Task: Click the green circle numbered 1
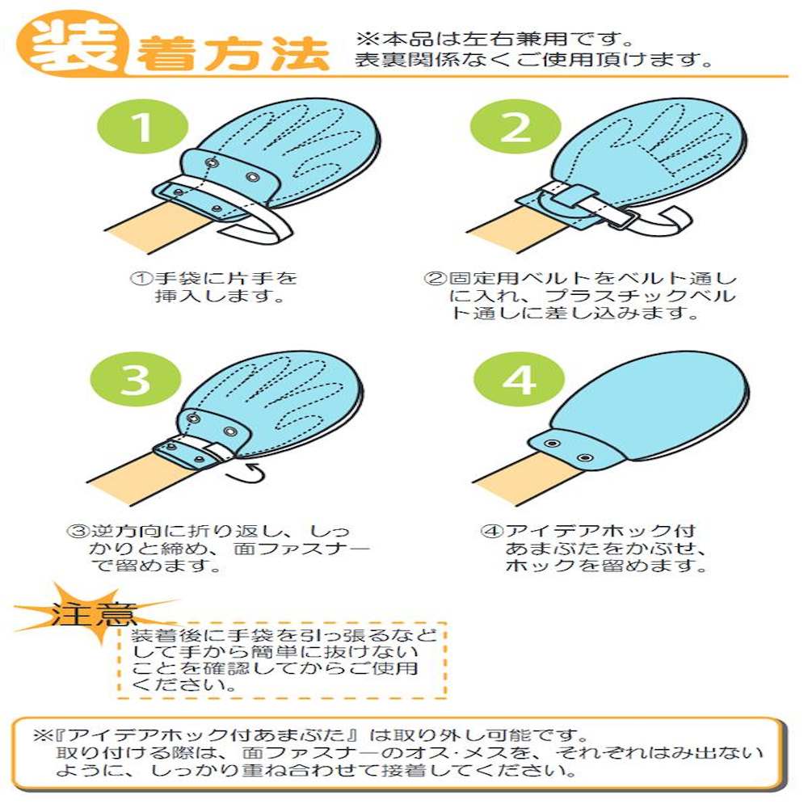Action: pyautogui.click(x=143, y=127)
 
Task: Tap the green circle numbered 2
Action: pyautogui.click(x=516, y=127)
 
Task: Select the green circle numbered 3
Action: pyautogui.click(x=136, y=380)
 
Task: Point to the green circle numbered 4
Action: pyautogui.click(x=519, y=380)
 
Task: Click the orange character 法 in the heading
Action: pyautogui.click(x=301, y=53)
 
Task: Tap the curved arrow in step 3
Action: pyautogui.click(x=246, y=473)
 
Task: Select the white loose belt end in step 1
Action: pyautogui.click(x=258, y=227)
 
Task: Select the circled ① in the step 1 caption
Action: pyautogui.click(x=141, y=279)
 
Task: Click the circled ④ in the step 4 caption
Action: pyautogui.click(x=490, y=531)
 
